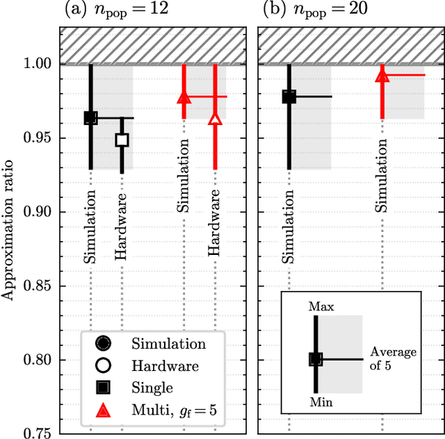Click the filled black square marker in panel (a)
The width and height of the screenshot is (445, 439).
tap(90, 118)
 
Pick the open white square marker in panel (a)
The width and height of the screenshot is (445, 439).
tap(122, 140)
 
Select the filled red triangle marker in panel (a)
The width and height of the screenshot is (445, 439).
tap(184, 97)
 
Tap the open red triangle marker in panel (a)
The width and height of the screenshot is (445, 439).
tap(215, 120)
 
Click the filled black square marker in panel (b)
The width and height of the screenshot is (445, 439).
tap(289, 97)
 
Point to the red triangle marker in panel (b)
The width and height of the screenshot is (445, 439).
tap(382, 76)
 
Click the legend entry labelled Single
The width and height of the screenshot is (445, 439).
tap(152, 387)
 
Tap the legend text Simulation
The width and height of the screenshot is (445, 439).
tap(169, 343)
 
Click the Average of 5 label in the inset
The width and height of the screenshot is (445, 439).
tap(393, 358)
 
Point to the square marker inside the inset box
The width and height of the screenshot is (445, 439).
tap(316, 359)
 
